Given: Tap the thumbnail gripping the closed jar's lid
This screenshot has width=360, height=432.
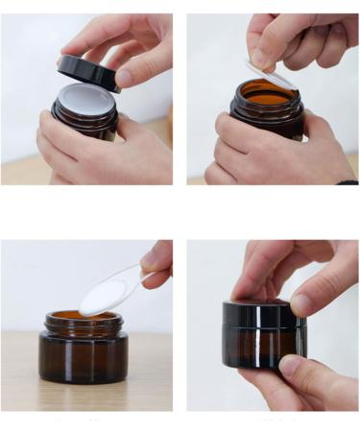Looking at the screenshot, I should (x=300, y=305).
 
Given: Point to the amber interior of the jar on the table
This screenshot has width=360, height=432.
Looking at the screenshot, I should (x=72, y=316).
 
